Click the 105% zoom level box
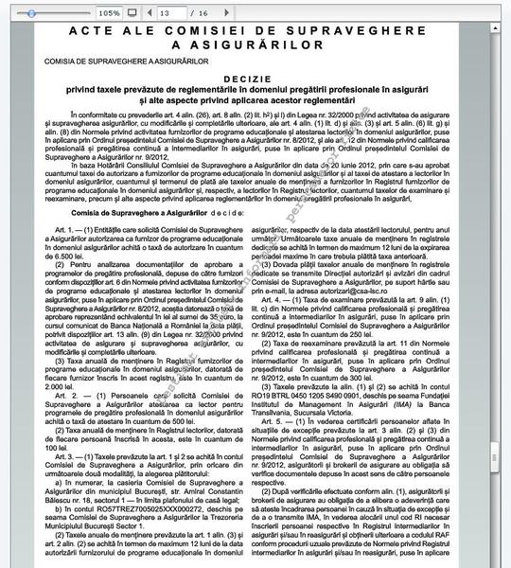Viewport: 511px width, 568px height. pyautogui.click(x=109, y=13)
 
